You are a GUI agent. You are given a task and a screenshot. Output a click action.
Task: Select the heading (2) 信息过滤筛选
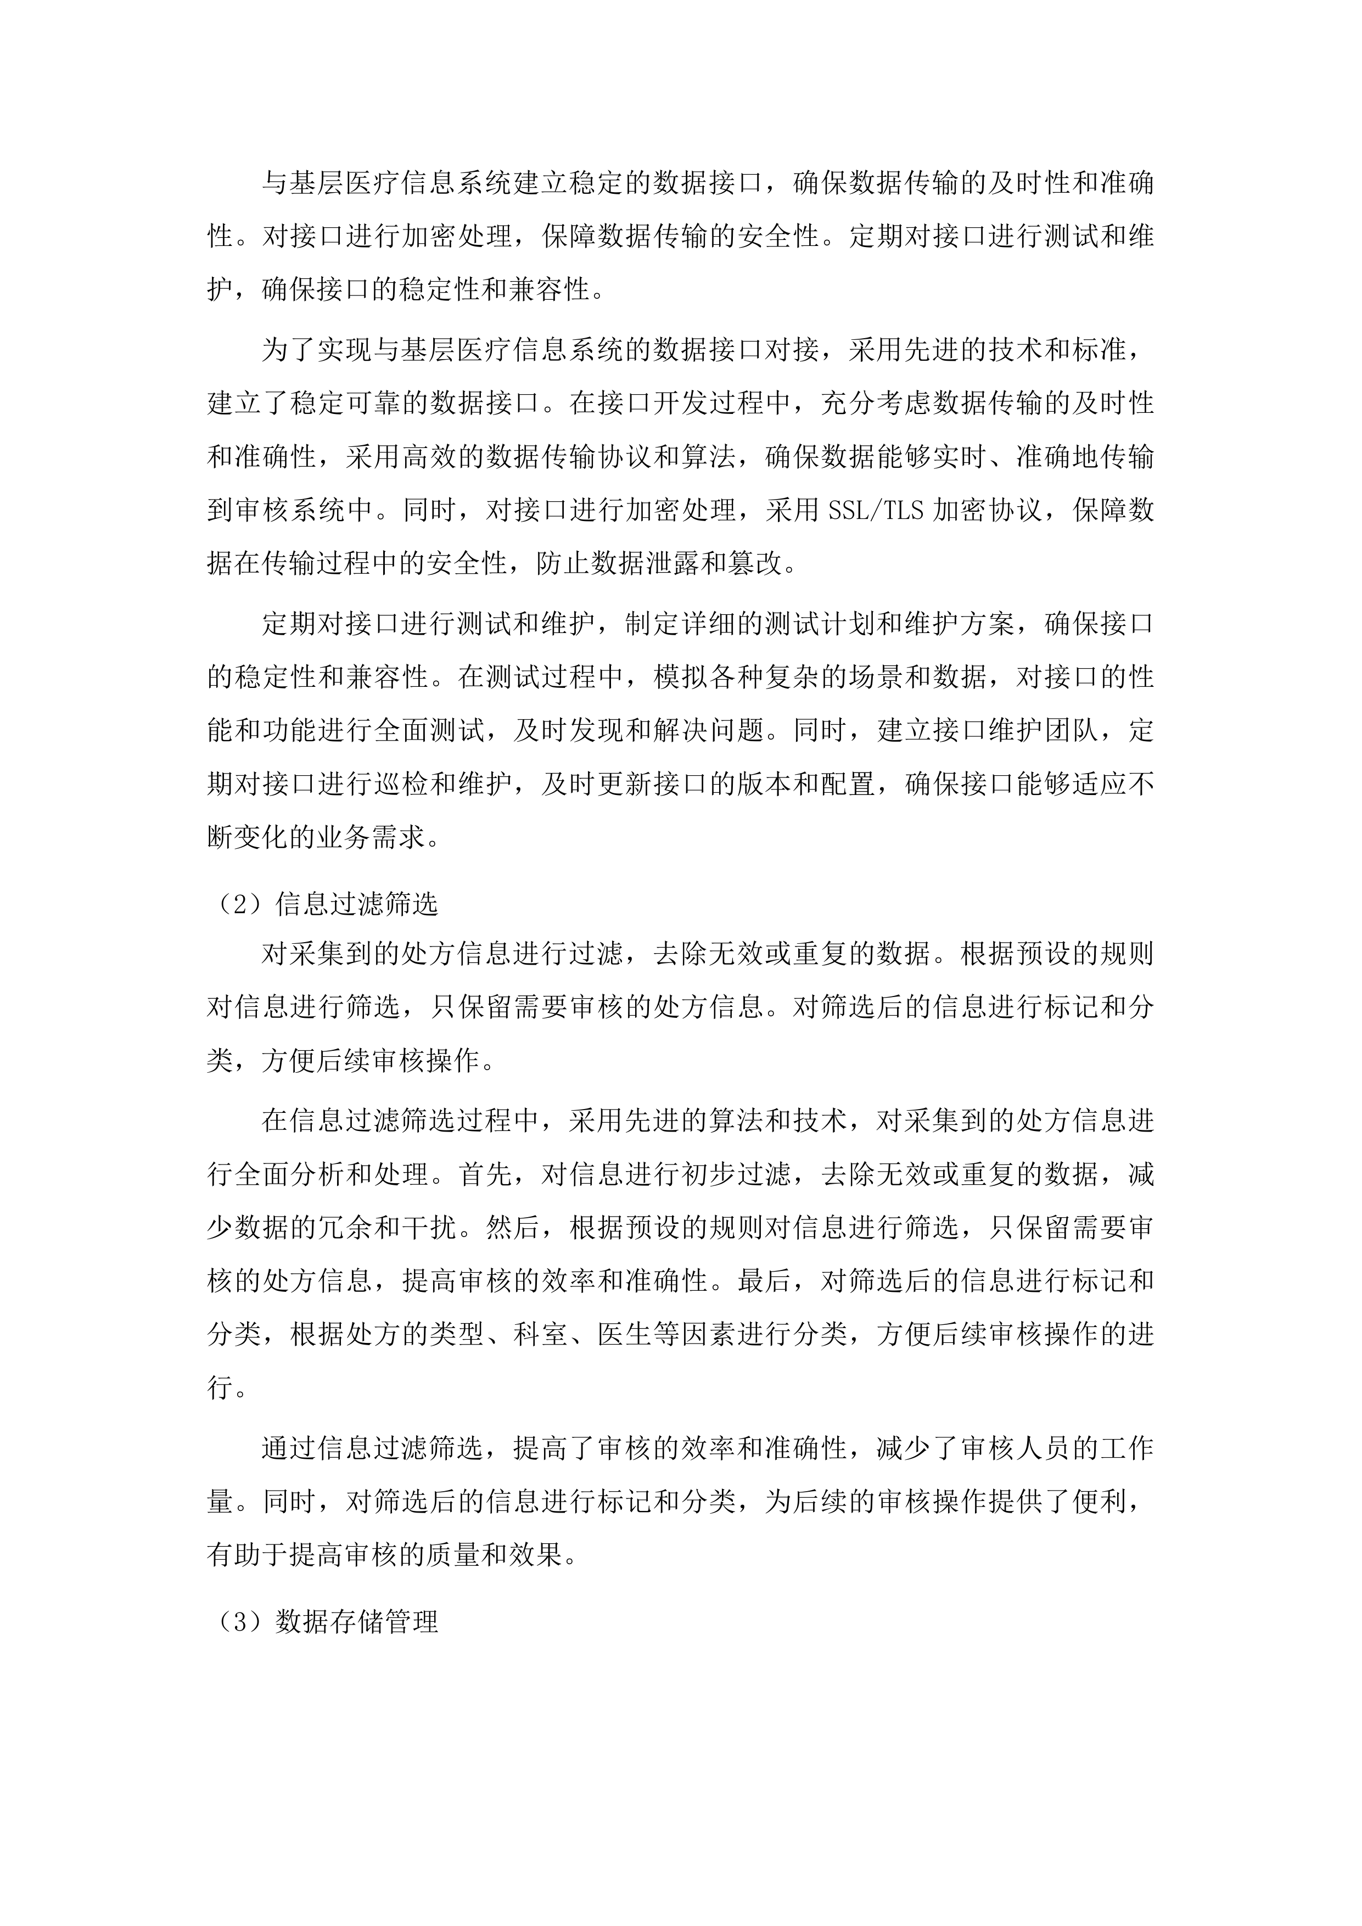pyautogui.click(x=323, y=904)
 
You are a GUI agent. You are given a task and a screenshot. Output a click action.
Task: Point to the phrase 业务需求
pyautogui.click(x=373, y=837)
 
